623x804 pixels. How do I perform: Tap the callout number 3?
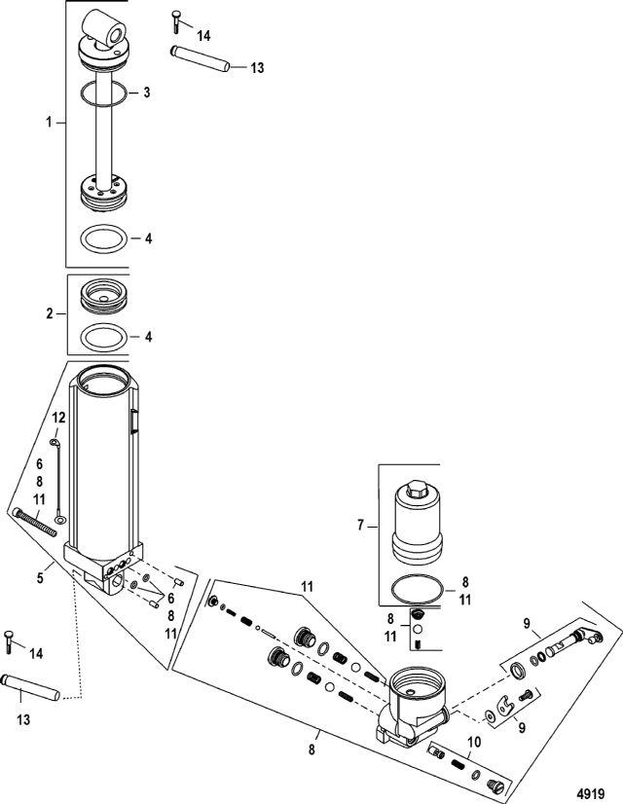[x=145, y=92]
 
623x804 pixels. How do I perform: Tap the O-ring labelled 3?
[x=102, y=93]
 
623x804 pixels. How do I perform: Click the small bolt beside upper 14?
[x=174, y=17]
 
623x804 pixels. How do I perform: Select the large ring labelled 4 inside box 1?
[x=103, y=238]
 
